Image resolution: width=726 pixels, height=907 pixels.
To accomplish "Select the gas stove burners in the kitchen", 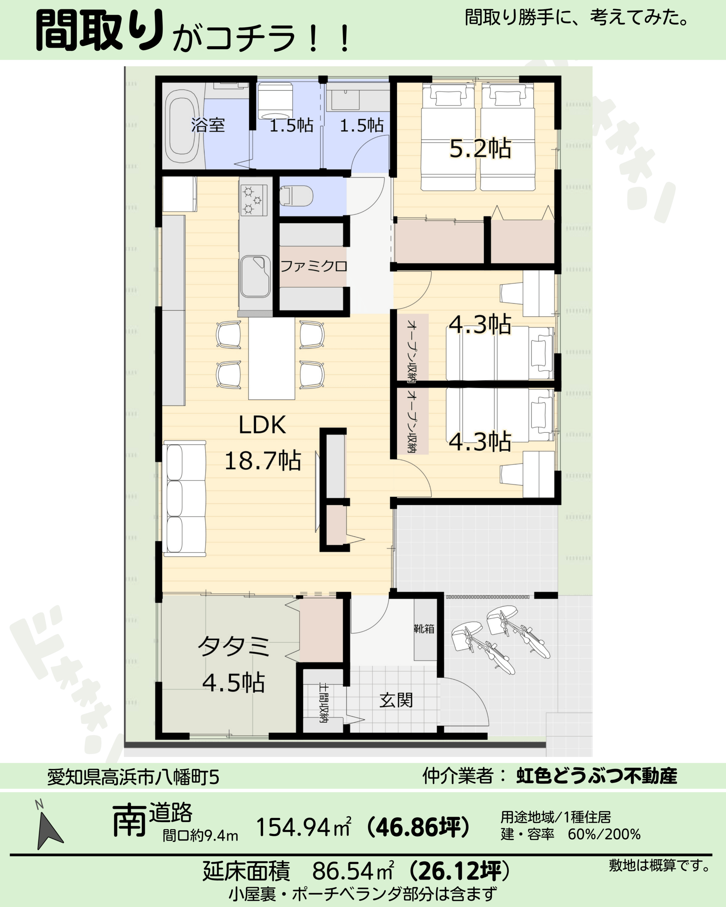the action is (x=254, y=200).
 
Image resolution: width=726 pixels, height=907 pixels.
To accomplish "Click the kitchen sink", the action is (x=255, y=276).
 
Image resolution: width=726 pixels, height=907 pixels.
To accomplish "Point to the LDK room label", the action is (x=262, y=425).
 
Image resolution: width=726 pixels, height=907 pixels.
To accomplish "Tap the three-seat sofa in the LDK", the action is (x=184, y=498).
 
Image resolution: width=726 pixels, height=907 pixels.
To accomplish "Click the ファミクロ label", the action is (x=313, y=266).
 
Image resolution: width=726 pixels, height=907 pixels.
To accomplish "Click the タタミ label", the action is (x=234, y=646).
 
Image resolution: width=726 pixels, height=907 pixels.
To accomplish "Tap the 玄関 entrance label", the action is (x=396, y=700).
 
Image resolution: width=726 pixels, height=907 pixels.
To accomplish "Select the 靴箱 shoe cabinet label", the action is (x=424, y=629).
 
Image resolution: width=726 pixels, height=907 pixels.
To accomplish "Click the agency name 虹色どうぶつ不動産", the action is (x=597, y=775).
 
